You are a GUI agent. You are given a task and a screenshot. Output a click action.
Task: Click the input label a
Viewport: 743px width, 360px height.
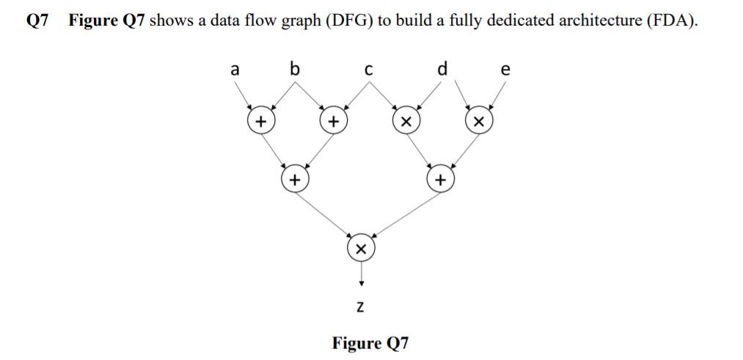[x=234, y=70]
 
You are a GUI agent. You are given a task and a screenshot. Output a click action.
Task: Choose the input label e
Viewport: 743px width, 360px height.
[x=504, y=71]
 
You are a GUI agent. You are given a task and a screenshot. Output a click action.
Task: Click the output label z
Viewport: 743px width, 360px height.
[x=360, y=304]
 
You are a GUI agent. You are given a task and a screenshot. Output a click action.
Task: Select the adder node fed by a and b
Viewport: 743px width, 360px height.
[x=260, y=120]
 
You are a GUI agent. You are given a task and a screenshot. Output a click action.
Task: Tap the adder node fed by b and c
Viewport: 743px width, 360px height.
[x=333, y=120]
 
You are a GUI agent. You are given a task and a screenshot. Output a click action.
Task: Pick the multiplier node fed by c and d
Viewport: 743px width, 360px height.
[x=404, y=120]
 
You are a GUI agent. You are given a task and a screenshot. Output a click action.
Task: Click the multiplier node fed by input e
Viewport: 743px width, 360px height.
[x=478, y=120]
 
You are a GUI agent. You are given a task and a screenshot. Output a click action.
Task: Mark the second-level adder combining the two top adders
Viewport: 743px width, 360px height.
[x=295, y=178]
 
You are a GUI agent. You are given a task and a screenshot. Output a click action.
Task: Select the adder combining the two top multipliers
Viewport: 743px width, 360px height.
[x=440, y=178]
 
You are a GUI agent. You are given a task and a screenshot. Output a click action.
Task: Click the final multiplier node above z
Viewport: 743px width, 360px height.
[x=360, y=247]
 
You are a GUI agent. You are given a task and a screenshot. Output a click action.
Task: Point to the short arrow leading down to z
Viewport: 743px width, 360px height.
[x=360, y=273]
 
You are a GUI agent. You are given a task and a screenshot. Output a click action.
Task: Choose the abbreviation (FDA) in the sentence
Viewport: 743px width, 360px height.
[x=672, y=21]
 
